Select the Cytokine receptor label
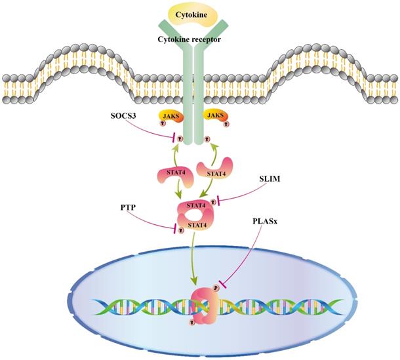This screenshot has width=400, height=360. pos(197,39)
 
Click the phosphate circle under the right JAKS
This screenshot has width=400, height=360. pos(207,139)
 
